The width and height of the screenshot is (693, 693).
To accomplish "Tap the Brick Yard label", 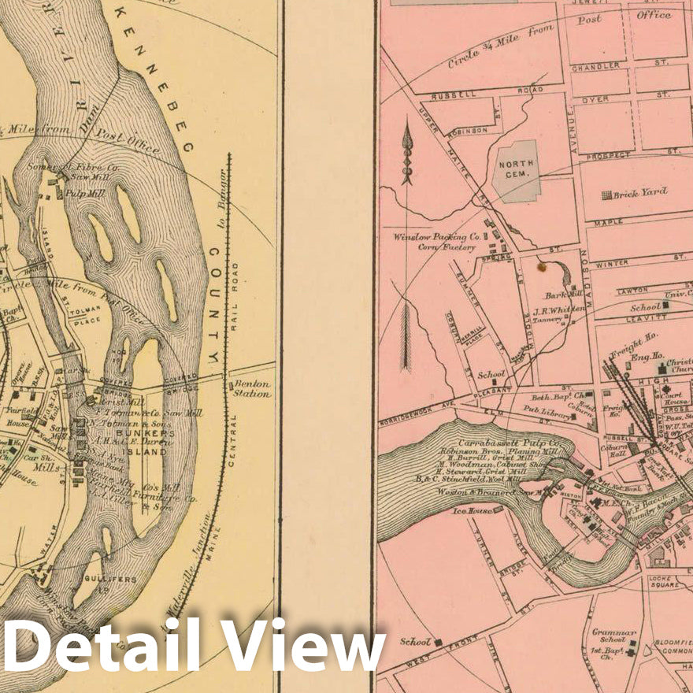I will [639, 193].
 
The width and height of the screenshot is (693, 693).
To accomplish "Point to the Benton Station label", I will [250, 388].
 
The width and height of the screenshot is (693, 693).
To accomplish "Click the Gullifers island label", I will [117, 579].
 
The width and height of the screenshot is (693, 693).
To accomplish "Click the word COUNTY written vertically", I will [213, 307].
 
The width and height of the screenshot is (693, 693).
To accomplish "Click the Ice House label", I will [471, 511].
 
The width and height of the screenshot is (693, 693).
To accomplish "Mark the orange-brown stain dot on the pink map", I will [541, 268].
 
